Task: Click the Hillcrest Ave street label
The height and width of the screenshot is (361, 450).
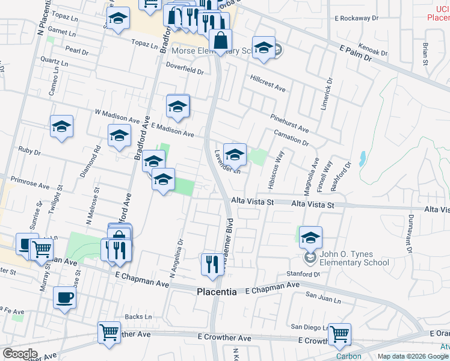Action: point(268,83)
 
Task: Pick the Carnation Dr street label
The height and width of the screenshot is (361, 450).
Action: point(291,138)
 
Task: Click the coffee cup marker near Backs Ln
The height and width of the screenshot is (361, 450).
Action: point(65,297)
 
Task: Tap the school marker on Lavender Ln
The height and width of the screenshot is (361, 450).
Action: point(235,153)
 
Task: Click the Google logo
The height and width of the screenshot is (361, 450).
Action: point(20,353)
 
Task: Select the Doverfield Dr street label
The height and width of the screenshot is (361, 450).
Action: point(185,67)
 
